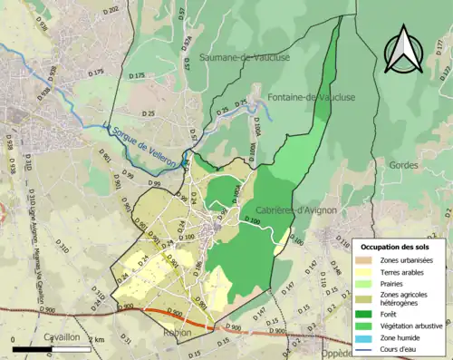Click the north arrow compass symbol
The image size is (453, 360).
(403, 50)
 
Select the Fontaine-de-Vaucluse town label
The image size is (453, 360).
(311, 97)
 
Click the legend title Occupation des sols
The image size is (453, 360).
(399, 247)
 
